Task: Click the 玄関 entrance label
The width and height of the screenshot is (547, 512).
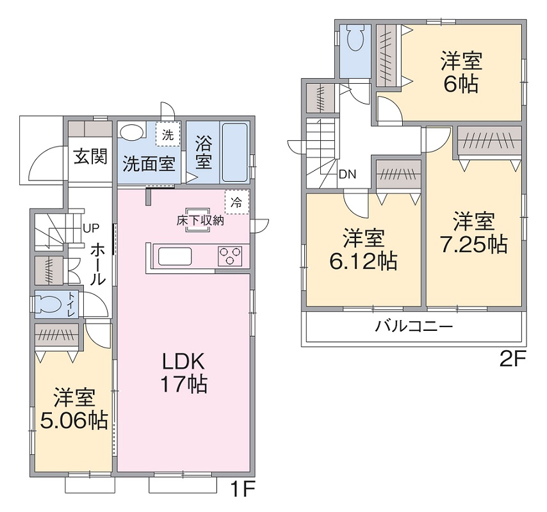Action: point(90,156)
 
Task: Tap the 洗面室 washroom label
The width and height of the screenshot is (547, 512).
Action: point(149,163)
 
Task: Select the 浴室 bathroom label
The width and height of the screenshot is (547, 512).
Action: point(204,153)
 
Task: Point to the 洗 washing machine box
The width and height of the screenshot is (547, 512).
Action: point(168,134)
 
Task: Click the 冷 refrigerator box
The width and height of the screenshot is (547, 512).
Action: point(237,202)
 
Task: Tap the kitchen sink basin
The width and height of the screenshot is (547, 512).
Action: point(175,257)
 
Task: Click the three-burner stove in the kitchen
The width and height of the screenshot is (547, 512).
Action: point(230,255)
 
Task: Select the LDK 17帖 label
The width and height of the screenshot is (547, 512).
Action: point(183,372)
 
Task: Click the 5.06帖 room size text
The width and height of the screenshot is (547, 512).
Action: point(74,420)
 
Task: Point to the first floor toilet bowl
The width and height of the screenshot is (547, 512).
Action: point(50,303)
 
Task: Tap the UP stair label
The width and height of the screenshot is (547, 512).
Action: point(91,228)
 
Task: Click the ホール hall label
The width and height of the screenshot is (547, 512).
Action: point(98,265)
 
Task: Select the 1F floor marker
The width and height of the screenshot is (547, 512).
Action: point(243,489)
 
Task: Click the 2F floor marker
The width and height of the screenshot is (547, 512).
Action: point(512,360)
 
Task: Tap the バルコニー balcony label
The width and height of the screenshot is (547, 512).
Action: point(414,326)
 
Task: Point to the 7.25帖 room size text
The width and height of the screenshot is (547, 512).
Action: point(474,244)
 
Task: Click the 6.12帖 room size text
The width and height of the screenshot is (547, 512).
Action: point(363,261)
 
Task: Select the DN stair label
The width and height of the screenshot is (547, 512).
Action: point(347,174)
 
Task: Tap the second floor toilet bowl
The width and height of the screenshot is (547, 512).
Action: point(356,38)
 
